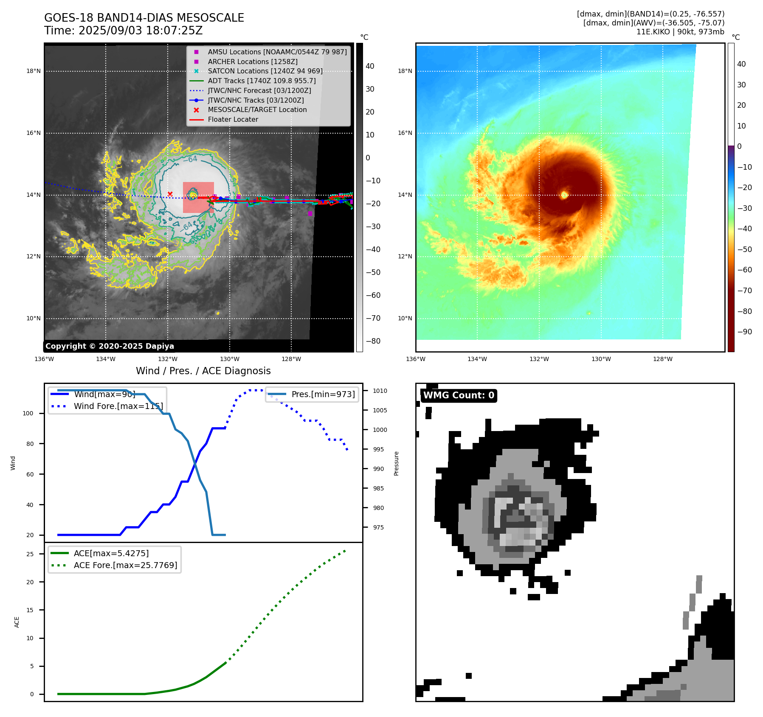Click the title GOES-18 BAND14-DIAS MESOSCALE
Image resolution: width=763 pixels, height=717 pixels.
144,18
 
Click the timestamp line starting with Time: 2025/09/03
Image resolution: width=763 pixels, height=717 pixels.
123,31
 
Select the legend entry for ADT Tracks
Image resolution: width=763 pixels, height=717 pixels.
262,81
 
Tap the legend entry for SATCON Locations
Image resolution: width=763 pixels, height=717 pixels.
265,71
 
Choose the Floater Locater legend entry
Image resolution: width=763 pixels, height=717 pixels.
233,120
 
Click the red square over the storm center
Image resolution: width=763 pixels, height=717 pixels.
198,197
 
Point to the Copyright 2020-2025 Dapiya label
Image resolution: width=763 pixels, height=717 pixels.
110,346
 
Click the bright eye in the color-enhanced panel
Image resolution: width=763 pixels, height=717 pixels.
564,195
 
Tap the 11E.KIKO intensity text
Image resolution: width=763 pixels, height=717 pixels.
680,32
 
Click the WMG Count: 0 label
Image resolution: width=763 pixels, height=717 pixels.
459,395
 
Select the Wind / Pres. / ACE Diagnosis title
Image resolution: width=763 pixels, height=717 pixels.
203,371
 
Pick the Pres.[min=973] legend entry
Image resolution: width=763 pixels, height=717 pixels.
323,394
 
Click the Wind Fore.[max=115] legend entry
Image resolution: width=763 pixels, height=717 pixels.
118,406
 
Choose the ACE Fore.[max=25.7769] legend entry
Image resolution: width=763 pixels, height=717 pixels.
125,565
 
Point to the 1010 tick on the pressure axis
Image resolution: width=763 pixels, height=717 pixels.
380,391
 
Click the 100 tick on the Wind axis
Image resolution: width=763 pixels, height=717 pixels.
28,413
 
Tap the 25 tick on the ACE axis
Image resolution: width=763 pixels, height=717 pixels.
30,554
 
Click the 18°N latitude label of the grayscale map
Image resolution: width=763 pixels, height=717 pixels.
34,71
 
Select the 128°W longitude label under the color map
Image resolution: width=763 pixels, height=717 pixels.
663,359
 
